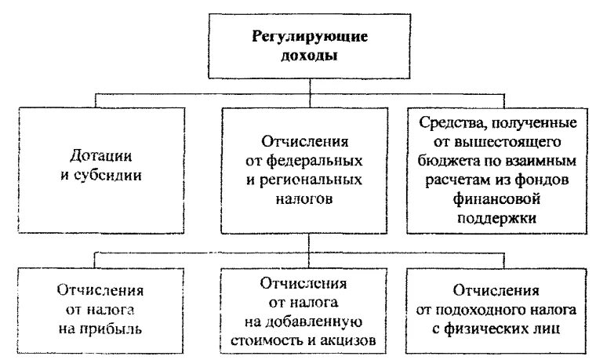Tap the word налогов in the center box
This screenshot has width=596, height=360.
pyautogui.click(x=304, y=199)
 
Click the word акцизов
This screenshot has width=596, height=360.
pyautogui.click(x=353, y=340)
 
